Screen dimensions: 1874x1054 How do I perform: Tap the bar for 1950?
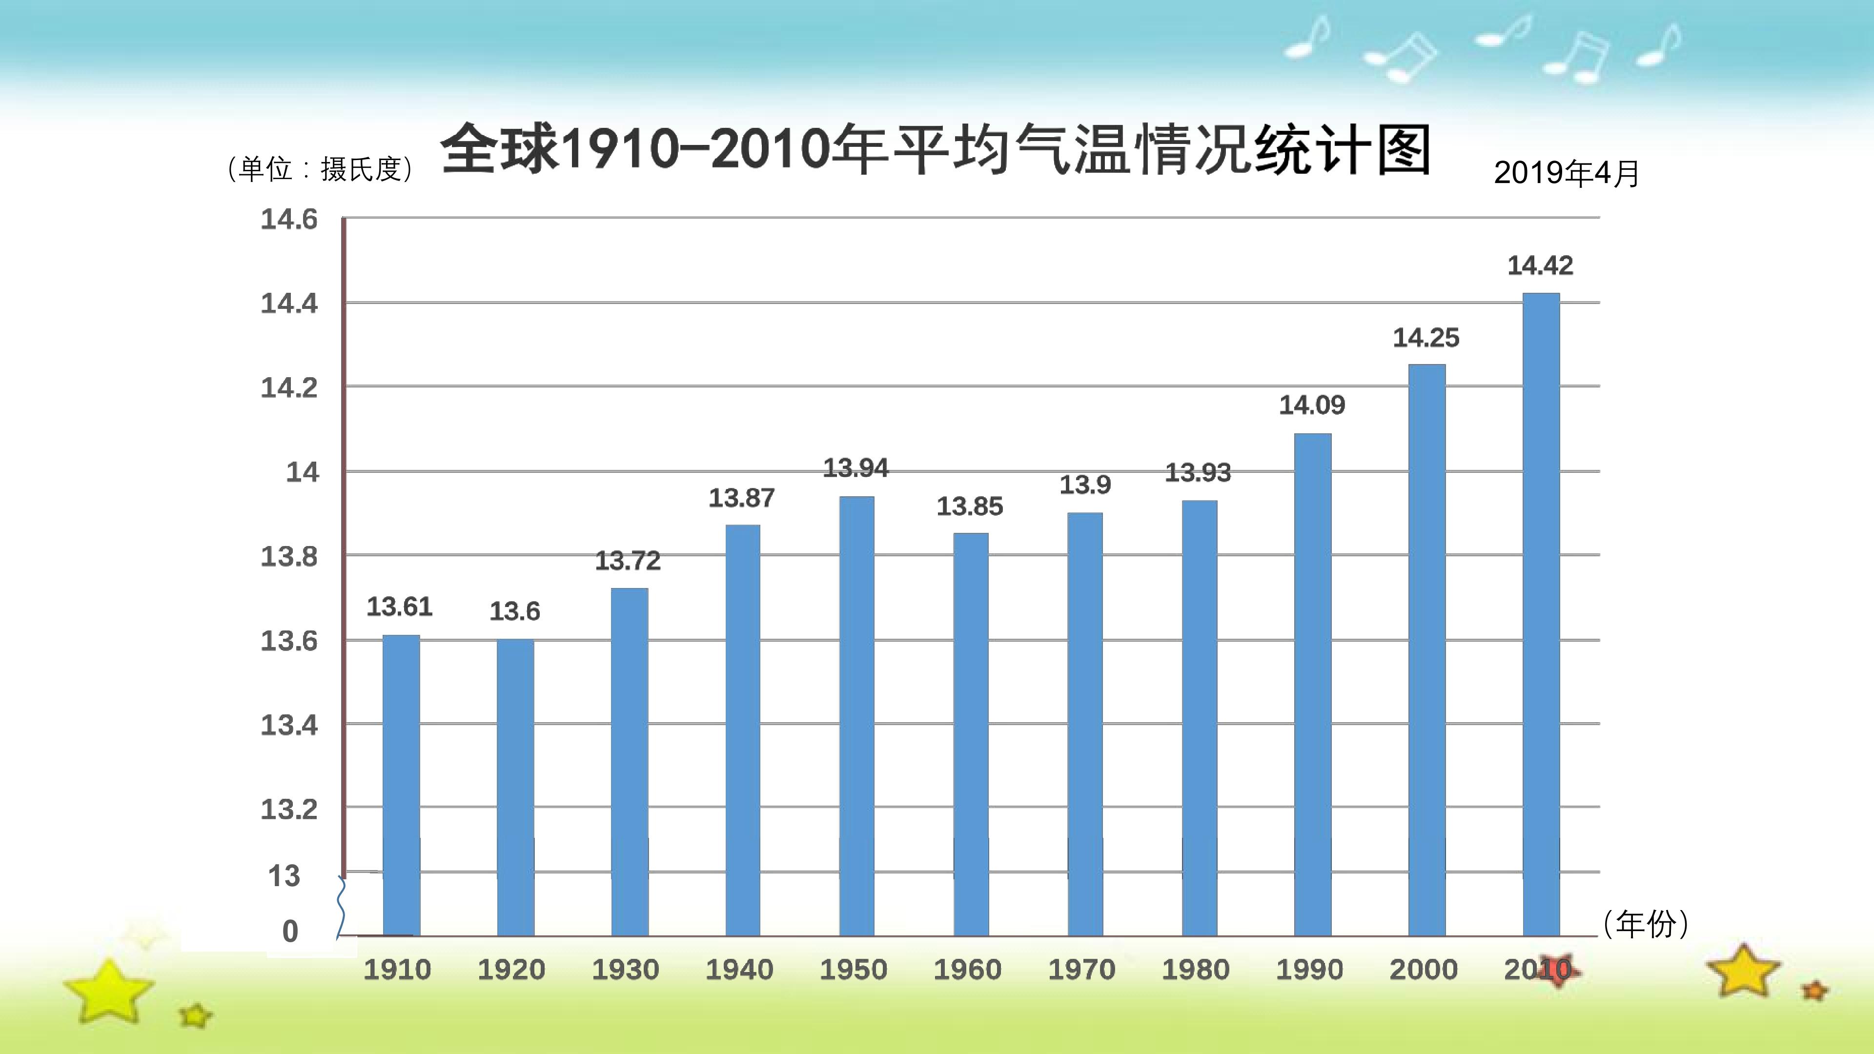point(856,716)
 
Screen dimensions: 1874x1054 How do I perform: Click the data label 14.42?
point(1540,265)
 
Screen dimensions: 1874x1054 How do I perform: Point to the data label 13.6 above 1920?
point(514,611)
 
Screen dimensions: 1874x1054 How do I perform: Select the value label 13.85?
point(970,507)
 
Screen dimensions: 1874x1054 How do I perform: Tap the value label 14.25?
point(1426,338)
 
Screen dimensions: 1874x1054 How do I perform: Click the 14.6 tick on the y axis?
point(289,219)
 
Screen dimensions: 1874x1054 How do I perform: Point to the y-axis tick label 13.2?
point(289,809)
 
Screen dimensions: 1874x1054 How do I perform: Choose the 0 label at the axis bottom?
point(290,931)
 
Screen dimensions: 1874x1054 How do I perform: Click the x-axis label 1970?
point(1082,970)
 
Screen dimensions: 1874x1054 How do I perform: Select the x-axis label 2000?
point(1424,970)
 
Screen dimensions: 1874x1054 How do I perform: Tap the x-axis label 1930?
point(626,970)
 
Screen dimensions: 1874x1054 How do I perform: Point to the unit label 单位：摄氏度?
point(321,169)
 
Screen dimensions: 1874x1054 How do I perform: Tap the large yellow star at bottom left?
point(108,992)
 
